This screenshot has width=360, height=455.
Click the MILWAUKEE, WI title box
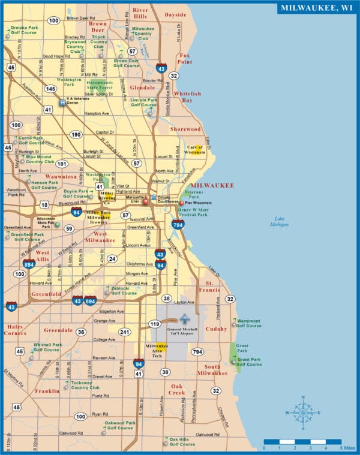316,8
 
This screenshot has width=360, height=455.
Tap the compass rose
304,412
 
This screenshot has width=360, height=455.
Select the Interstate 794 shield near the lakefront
178,225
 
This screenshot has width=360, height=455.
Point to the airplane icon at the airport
185,318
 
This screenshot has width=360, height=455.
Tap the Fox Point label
185,58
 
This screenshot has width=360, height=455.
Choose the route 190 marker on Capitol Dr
76,134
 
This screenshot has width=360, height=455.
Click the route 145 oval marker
50,89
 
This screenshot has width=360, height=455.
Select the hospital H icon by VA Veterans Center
62,103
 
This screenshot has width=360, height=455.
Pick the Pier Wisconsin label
197,203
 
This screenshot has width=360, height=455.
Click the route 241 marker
124,332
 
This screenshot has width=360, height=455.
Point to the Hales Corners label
15,330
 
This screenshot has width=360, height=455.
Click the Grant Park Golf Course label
248,361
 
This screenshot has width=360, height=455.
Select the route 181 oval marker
62,163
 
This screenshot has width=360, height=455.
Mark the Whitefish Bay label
188,97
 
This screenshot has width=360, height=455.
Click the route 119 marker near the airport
155,324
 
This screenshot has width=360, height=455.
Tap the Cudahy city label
217,329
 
